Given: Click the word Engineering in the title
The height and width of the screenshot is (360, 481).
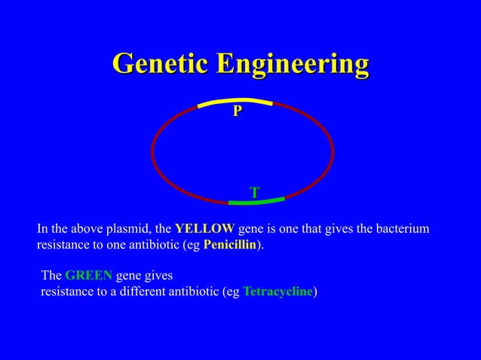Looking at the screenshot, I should (293, 66).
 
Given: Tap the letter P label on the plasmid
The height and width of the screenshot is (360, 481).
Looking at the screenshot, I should (237, 111).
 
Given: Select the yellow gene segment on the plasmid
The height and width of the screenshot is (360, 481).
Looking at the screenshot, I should (234, 100).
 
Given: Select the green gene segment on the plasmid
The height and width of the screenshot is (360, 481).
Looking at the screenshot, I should (256, 201).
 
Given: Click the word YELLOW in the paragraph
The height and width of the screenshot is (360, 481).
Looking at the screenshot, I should (204, 228).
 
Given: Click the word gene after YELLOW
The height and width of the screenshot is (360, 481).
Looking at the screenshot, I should (251, 229).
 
